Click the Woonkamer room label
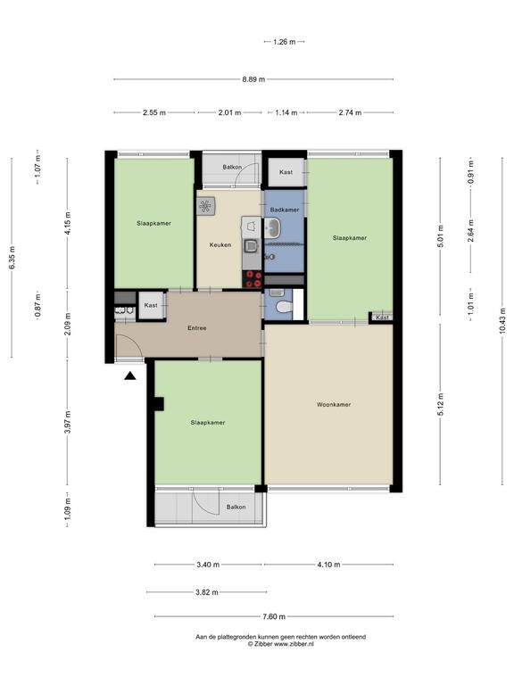[x=334, y=405]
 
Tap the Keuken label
[x=220, y=244]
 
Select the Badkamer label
[x=285, y=210]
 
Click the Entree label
[x=196, y=327]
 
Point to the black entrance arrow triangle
[x=129, y=376]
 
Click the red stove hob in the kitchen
[x=253, y=279]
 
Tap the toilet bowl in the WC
[x=284, y=307]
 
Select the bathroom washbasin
[x=274, y=228]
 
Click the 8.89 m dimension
[x=253, y=79]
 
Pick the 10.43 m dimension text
[x=502, y=321]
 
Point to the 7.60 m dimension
[x=274, y=616]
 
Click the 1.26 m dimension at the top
[x=285, y=42]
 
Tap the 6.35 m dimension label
[x=12, y=258]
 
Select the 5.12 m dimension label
[x=440, y=405]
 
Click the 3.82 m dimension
[x=207, y=592]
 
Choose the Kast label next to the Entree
[x=151, y=305]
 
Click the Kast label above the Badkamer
[x=286, y=172]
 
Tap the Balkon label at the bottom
[x=236, y=508]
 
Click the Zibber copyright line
[x=281, y=643]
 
